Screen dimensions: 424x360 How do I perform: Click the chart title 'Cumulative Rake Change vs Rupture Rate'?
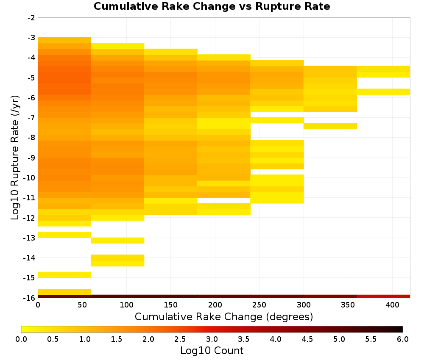click(212, 6)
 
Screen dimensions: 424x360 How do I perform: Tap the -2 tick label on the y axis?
click(31, 18)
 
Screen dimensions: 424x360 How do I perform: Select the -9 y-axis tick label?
click(31, 158)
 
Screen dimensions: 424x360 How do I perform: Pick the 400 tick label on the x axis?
click(392, 305)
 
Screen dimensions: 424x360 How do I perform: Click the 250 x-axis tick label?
click(259, 305)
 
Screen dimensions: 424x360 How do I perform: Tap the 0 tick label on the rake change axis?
click(38, 305)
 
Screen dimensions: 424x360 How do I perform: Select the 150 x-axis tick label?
click(170, 305)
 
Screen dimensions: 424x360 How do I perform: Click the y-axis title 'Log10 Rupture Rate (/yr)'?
click(15, 158)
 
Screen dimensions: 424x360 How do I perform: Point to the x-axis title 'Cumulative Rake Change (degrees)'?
click(224, 316)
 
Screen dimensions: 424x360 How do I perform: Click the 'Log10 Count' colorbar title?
click(212, 351)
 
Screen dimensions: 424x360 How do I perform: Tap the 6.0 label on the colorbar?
click(403, 339)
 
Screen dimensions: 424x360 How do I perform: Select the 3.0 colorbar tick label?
click(212, 339)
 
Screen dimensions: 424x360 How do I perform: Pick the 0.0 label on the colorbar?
click(21, 339)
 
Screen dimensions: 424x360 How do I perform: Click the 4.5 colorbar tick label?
click(307, 339)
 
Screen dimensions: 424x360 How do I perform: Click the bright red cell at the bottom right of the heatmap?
click(383, 296)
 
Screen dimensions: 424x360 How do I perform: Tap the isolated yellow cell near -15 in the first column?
click(64, 275)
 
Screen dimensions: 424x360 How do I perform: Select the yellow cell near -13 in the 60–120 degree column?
click(117, 241)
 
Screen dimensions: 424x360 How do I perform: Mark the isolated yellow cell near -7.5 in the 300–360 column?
click(330, 126)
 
